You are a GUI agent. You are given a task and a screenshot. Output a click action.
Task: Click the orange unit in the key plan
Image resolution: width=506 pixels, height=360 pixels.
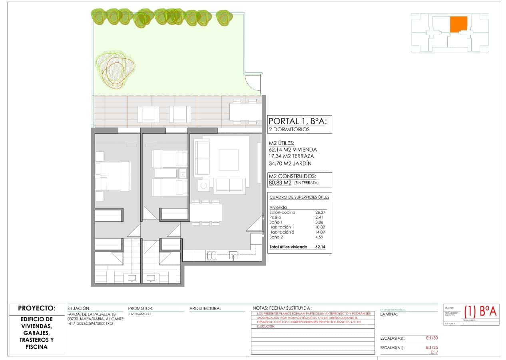[458, 24]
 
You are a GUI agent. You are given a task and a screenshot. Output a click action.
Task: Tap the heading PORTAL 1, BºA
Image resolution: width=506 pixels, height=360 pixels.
[300, 121]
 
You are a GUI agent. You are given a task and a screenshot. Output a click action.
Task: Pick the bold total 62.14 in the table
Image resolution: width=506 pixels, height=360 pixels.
[321, 247]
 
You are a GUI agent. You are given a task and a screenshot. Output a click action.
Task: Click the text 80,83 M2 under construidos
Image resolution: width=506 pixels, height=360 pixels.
[281, 183]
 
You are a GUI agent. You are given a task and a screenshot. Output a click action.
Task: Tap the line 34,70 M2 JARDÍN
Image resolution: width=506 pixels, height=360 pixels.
[290, 163]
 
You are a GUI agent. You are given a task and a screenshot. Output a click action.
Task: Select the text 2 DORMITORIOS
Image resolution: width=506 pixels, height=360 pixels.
[289, 130]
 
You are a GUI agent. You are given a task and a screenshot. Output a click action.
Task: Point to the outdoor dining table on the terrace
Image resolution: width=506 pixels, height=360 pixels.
[245, 112]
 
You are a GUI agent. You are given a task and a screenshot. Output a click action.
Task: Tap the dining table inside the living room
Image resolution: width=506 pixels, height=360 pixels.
[206, 212]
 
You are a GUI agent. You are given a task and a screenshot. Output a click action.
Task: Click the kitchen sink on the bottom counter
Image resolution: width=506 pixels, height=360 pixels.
[211, 255]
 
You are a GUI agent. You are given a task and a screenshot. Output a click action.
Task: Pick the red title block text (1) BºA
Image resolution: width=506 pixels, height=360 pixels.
[480, 311]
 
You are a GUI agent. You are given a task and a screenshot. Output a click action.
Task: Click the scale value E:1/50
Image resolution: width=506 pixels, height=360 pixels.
[432, 338]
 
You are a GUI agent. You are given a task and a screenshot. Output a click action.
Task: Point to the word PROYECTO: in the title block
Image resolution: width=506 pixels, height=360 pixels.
[36, 308]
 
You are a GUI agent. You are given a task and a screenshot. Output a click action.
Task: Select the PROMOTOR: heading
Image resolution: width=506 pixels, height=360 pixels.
[141, 308]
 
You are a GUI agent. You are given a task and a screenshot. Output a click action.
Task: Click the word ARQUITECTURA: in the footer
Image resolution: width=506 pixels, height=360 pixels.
[205, 308]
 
